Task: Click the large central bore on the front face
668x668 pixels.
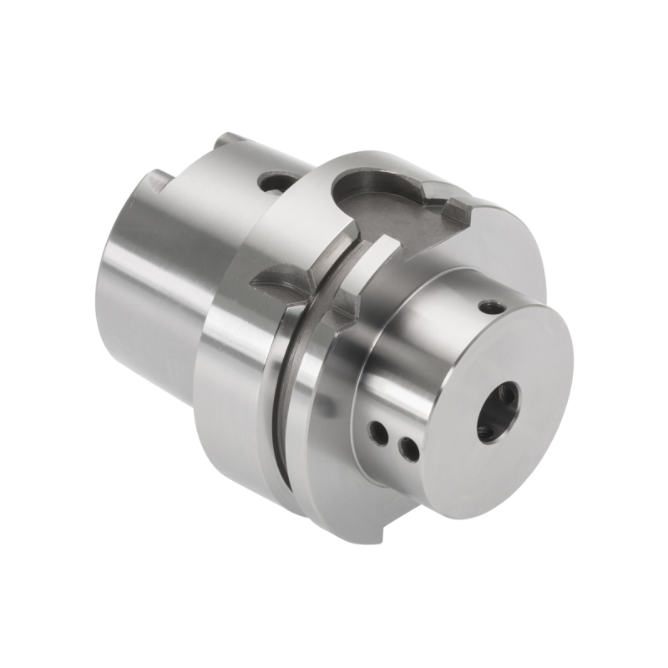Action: click(498, 412)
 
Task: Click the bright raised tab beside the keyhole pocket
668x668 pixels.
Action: click(367, 259)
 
